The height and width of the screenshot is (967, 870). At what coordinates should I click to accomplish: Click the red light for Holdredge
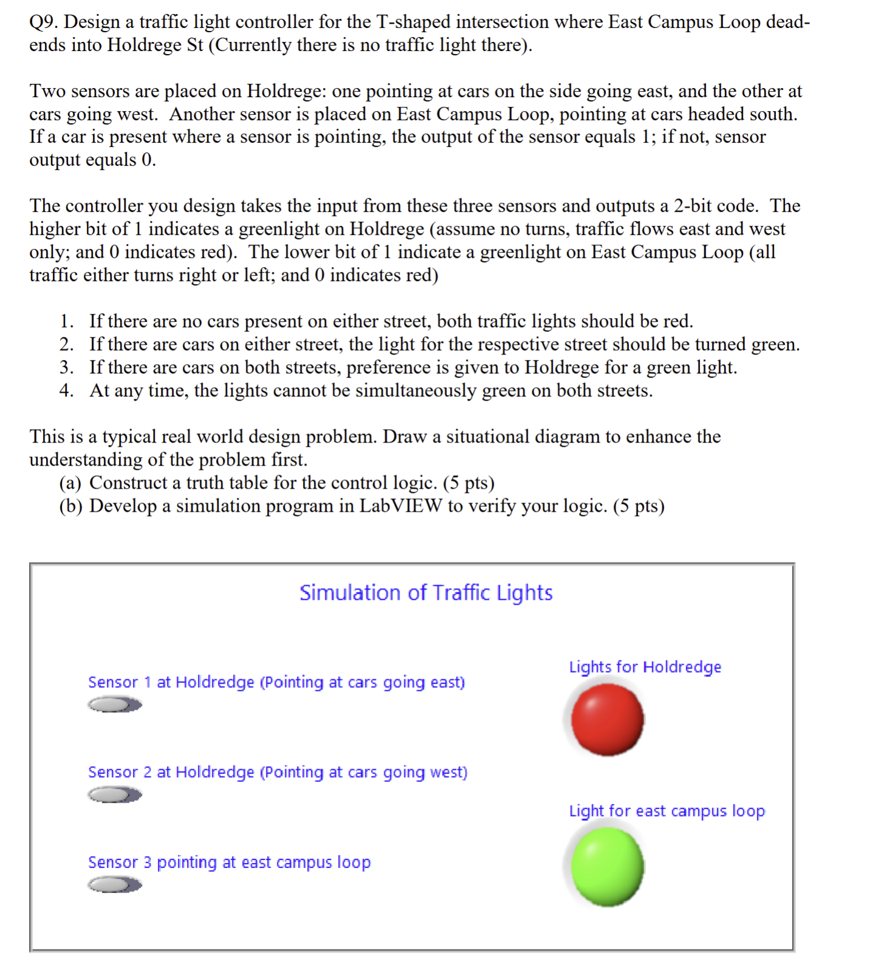tap(607, 719)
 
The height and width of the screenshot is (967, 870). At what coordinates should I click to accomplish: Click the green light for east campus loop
tap(607, 866)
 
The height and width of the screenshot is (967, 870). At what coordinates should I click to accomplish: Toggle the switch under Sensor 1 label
tap(114, 704)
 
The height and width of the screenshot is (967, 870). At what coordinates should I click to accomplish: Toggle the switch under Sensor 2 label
tap(114, 794)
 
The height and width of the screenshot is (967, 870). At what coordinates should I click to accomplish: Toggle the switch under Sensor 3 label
tap(114, 884)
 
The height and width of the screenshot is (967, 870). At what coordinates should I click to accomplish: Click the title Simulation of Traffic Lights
tap(426, 592)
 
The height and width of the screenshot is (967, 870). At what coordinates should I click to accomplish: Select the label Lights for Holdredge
tap(645, 667)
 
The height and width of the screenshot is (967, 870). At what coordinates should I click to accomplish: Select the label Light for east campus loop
tap(667, 811)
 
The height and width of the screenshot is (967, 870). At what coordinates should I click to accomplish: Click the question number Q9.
tap(44, 22)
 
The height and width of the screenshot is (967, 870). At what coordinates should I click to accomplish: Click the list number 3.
tap(66, 367)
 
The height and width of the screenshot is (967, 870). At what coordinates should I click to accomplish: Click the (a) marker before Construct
tap(70, 483)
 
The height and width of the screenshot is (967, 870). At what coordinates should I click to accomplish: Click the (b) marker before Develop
tap(70, 506)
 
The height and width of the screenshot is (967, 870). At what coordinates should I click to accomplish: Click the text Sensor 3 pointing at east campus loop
tap(229, 862)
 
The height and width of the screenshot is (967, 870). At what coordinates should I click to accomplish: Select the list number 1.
tap(66, 321)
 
